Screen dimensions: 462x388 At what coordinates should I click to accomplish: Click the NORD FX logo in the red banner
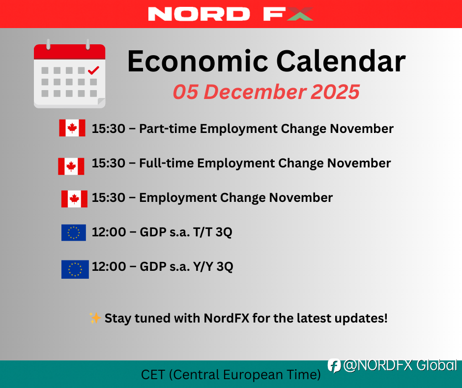[231, 14]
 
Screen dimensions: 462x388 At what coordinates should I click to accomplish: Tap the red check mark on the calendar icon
[93, 70]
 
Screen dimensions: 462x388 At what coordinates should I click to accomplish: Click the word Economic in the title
[198, 61]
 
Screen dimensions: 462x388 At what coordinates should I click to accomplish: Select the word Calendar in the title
[341, 61]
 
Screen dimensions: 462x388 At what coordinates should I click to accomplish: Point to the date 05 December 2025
[266, 92]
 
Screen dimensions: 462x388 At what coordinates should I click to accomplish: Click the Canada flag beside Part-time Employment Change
[72, 128]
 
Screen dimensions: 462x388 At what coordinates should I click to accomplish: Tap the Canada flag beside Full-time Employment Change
[71, 166]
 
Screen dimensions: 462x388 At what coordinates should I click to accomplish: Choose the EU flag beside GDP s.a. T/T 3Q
[74, 233]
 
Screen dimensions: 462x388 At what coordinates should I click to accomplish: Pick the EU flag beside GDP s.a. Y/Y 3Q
[75, 269]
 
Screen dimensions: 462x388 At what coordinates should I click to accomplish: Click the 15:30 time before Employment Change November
[109, 197]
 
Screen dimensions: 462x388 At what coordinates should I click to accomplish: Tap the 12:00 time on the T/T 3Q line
[109, 232]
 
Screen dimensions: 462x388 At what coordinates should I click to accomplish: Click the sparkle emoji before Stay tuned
[95, 318]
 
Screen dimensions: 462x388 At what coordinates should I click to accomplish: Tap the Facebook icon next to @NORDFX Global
[334, 366]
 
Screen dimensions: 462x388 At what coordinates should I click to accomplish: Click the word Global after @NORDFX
[436, 365]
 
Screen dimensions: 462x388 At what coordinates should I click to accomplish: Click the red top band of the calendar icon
[69, 52]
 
